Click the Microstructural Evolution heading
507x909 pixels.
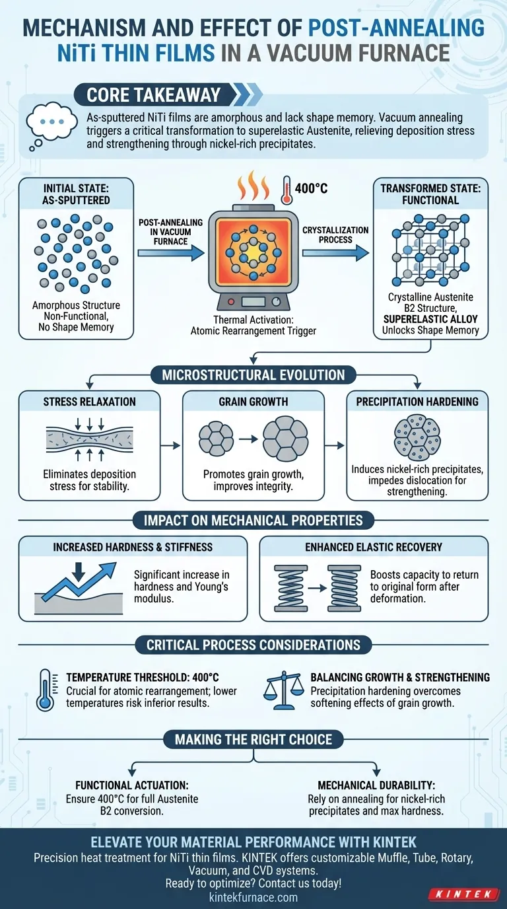pos(253,375)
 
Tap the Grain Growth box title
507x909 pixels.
pos(253,402)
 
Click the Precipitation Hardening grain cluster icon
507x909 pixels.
pos(417,437)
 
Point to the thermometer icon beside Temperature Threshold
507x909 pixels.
pos(46,690)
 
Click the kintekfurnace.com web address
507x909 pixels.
pos(253,897)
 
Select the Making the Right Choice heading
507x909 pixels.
pos(253,739)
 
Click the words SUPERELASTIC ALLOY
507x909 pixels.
pos(430,319)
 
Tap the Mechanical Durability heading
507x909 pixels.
pos(376,785)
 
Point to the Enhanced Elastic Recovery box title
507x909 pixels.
pos(374,547)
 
